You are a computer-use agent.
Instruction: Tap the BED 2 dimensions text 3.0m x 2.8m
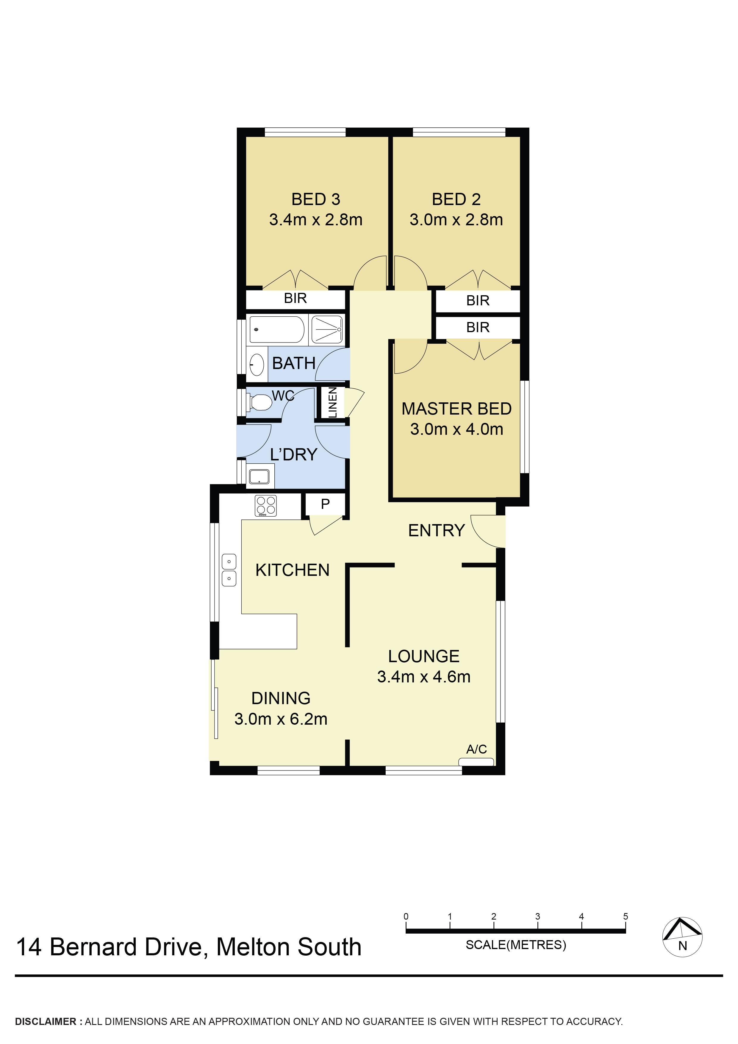tap(456, 220)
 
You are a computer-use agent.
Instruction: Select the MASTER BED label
tap(456, 409)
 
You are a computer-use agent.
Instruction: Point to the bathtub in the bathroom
tap(276, 329)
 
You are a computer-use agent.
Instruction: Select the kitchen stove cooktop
tap(265, 506)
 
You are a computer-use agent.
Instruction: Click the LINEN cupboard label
tap(333, 402)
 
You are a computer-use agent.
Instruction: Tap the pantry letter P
tap(325, 504)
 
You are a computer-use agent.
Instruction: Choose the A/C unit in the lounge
tap(476, 762)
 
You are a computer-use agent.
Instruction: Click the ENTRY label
tap(437, 530)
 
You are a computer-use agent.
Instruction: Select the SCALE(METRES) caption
tap(516, 945)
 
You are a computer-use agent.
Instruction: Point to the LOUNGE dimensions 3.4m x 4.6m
tap(424, 676)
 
